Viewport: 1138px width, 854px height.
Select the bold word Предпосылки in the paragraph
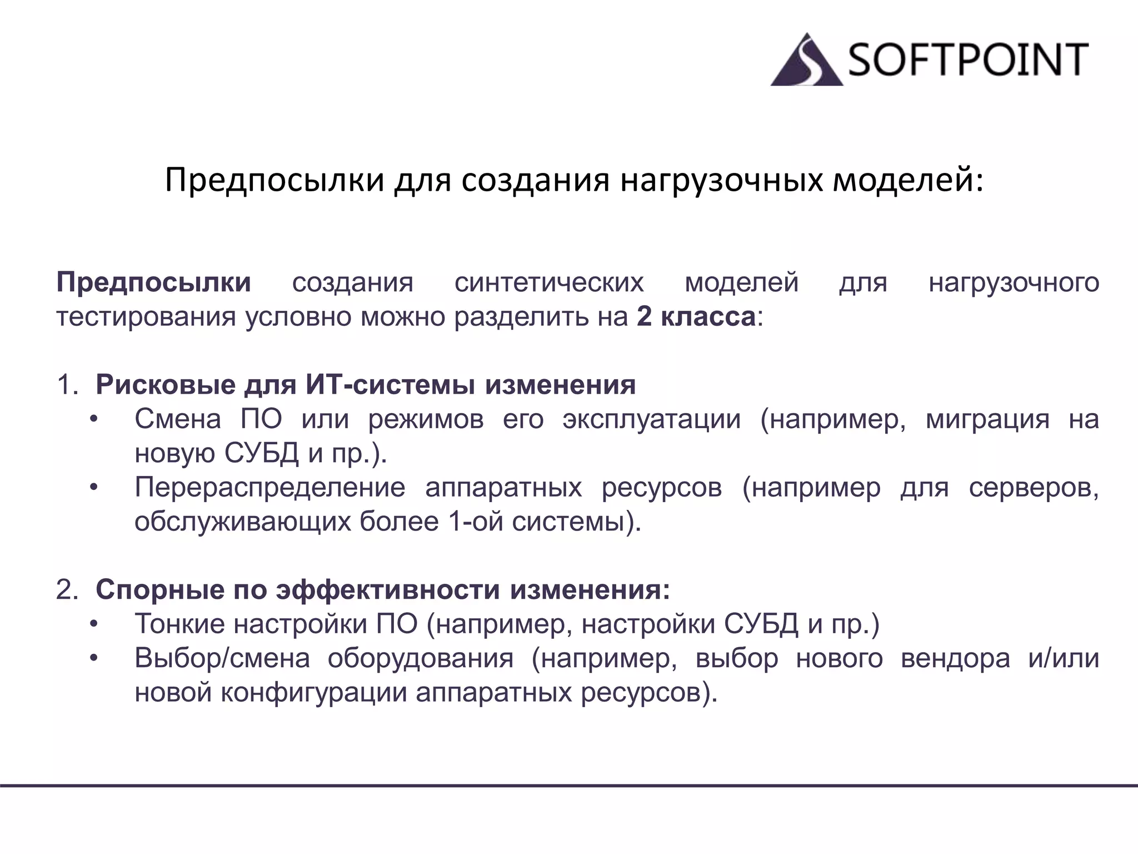(x=153, y=282)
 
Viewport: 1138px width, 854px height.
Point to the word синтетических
(x=549, y=282)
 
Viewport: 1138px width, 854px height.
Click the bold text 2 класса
(x=696, y=317)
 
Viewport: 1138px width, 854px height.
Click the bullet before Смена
(x=94, y=419)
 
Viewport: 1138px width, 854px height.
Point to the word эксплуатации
(x=651, y=419)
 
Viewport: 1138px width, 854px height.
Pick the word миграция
(x=987, y=419)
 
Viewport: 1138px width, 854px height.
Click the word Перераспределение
(x=270, y=488)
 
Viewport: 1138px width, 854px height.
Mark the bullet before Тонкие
(x=94, y=624)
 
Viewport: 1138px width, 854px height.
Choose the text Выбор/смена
(x=222, y=659)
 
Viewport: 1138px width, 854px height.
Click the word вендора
(x=955, y=659)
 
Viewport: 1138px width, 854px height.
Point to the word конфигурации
(x=314, y=693)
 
